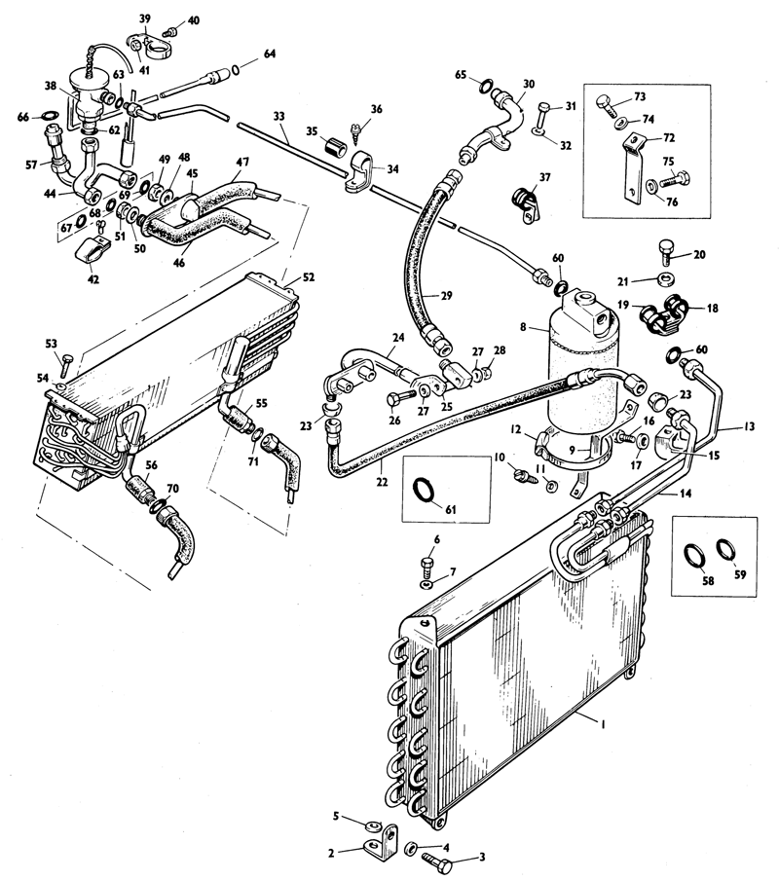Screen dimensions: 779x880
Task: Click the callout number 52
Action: [308, 277]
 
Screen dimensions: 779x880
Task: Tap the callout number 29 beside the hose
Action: [446, 295]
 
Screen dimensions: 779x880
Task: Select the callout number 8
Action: [523, 326]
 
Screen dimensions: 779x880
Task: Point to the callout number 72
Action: [668, 137]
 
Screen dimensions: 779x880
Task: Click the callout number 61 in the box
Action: [451, 509]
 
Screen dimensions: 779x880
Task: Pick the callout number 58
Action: [708, 580]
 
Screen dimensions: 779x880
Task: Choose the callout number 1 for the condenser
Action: [602, 724]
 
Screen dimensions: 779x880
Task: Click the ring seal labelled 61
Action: [424, 489]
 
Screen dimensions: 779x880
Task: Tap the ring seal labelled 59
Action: [725, 548]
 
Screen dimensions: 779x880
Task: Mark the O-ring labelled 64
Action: [236, 70]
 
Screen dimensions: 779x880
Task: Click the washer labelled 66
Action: [50, 117]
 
